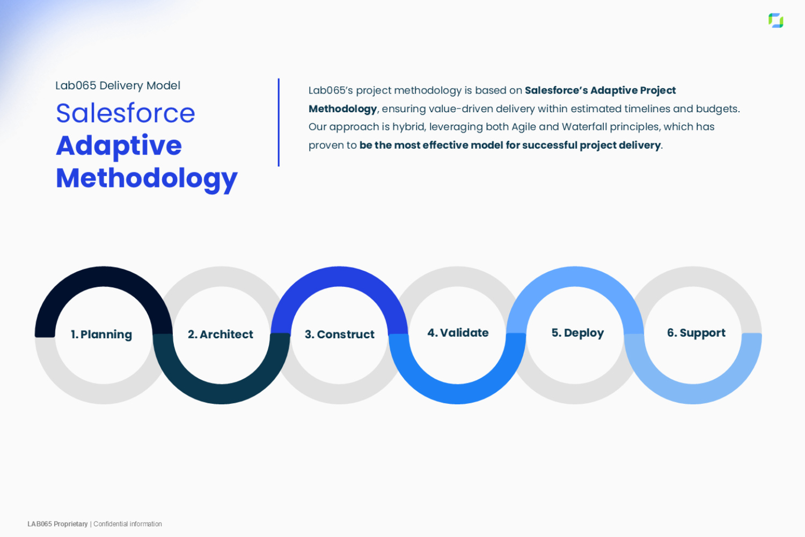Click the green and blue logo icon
[x=776, y=20]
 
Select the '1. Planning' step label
[x=102, y=335]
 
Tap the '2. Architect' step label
[x=221, y=335]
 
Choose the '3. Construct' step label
[x=340, y=335]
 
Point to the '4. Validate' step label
[x=458, y=333]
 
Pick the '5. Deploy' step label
[x=578, y=333]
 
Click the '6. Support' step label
[x=697, y=333]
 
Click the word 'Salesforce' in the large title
[x=126, y=113]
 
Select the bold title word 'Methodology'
[x=147, y=179]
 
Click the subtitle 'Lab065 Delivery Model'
[x=118, y=85]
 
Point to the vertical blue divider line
[x=279, y=122]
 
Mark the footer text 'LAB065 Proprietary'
[x=57, y=524]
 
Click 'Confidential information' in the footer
[x=128, y=524]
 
